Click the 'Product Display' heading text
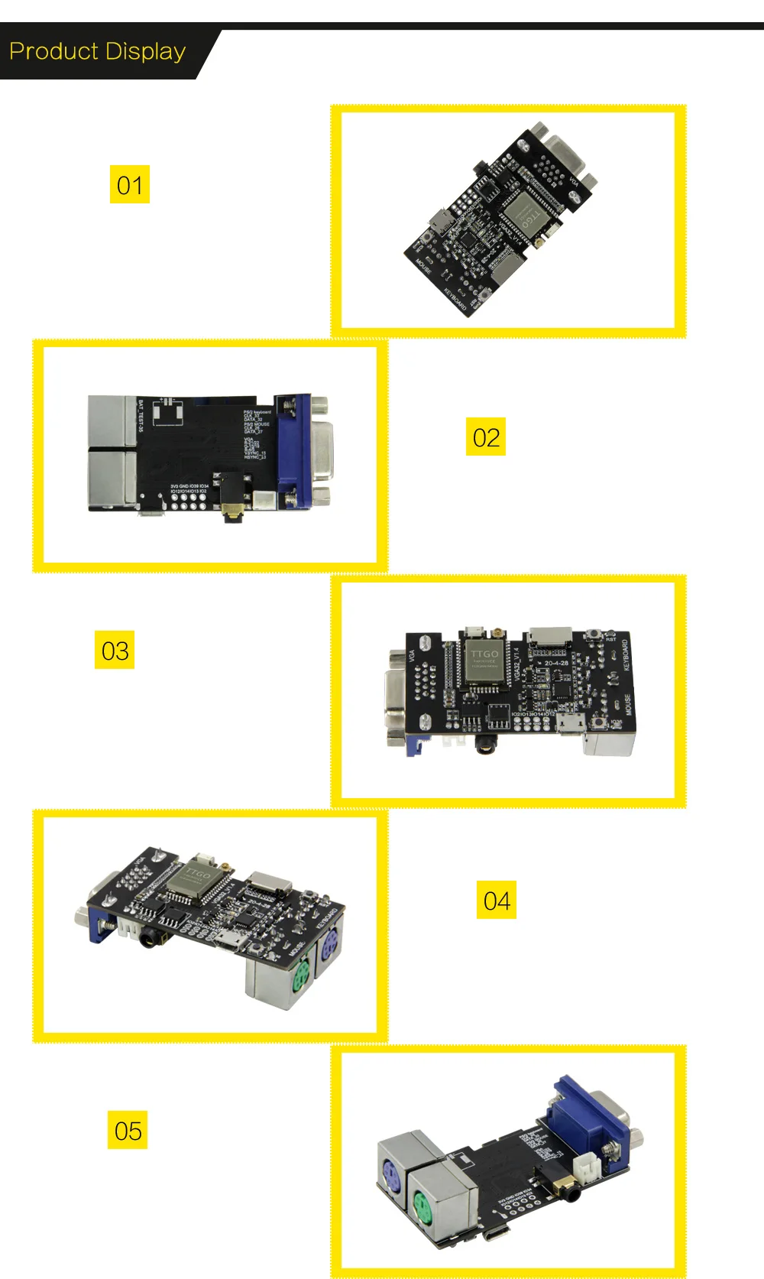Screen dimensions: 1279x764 click(x=97, y=51)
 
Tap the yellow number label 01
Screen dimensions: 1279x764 click(x=130, y=185)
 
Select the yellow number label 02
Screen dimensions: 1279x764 click(x=486, y=437)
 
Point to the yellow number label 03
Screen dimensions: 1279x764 click(x=115, y=651)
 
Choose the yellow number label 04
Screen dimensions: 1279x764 click(x=497, y=901)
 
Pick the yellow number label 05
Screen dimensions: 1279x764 click(x=128, y=1131)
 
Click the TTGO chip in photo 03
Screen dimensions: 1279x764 click(x=484, y=661)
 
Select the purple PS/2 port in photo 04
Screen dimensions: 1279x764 click(x=330, y=953)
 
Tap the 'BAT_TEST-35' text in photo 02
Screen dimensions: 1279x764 click(x=141, y=415)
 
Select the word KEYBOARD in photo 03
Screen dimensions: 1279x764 click(x=626, y=655)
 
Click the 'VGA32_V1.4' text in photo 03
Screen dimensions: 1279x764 click(x=517, y=664)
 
